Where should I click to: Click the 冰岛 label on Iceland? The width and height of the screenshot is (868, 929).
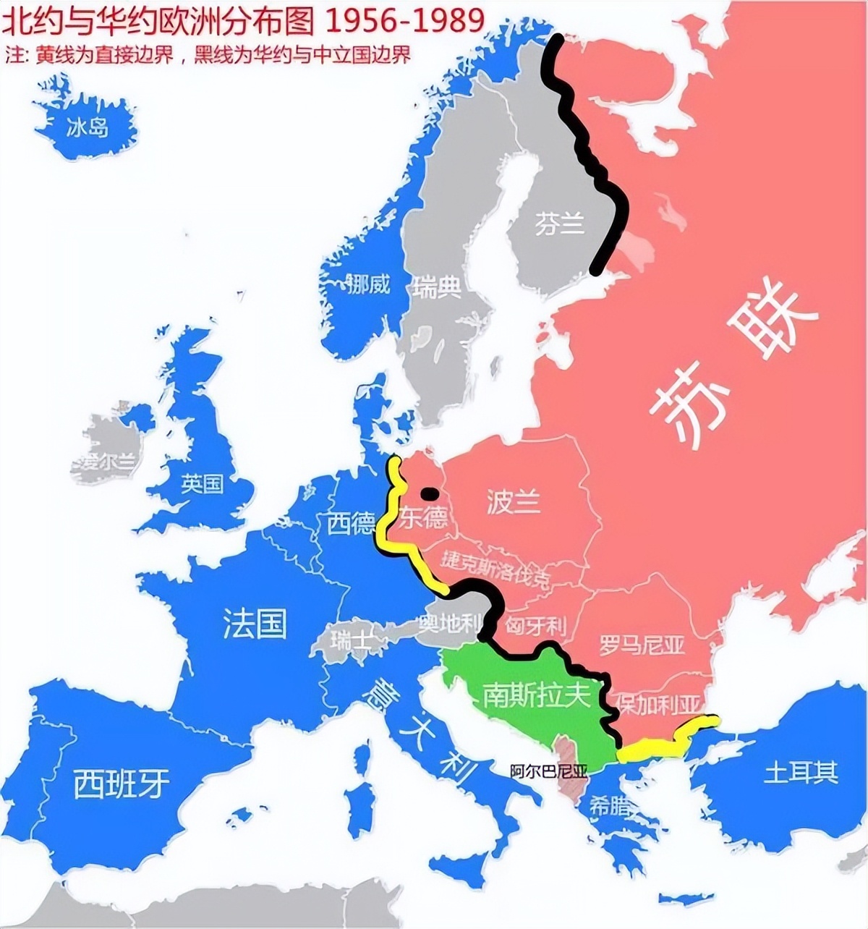87,128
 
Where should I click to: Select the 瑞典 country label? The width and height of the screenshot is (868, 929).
437,287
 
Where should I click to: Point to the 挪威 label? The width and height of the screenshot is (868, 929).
367,284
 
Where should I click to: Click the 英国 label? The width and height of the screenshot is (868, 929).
203,483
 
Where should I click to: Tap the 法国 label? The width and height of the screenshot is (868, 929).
254,623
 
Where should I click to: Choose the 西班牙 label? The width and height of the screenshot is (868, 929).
122,783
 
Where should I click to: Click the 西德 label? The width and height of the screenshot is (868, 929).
351,523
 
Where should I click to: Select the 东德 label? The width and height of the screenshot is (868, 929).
423,518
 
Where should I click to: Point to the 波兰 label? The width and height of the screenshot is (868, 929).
514,501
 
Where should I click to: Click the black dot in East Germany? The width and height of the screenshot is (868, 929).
430,494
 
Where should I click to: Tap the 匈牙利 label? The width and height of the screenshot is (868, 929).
536,625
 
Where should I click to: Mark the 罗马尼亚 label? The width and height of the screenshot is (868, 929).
642,644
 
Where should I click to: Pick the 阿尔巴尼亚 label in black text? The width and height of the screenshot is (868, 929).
548,770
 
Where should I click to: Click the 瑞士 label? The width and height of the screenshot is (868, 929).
351,640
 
